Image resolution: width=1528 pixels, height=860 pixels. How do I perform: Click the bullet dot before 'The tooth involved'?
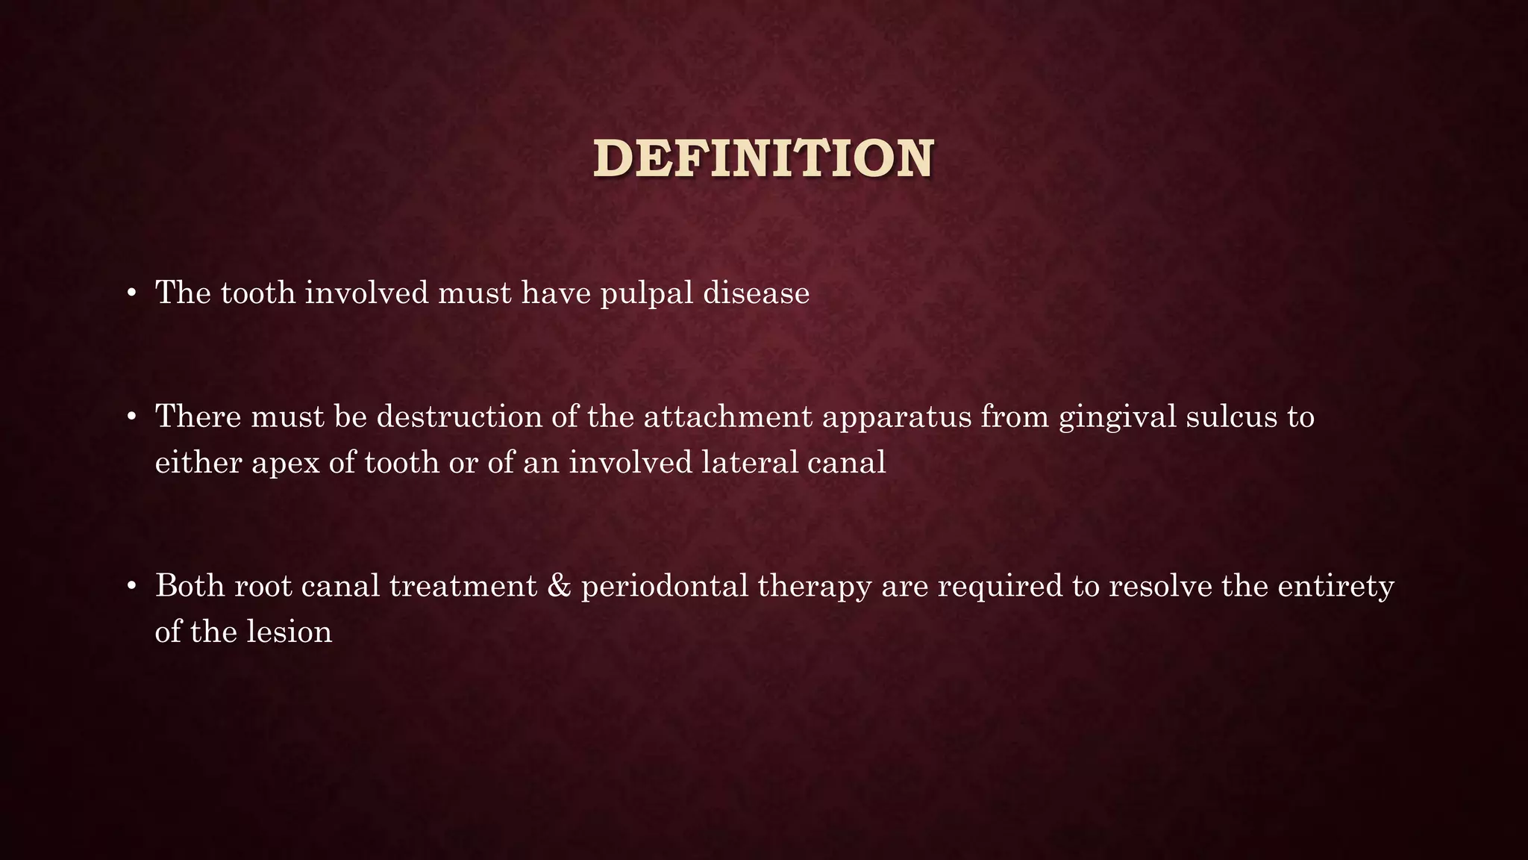[x=131, y=293]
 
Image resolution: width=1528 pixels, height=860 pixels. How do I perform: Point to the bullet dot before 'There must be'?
[x=131, y=417]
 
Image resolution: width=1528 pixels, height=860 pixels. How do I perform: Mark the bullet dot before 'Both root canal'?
[x=131, y=587]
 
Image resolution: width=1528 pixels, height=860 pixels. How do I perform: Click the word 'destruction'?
[x=459, y=417]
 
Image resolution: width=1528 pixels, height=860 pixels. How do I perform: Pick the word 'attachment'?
[x=727, y=417]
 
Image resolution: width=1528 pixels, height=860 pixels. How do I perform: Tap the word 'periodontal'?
[x=665, y=586]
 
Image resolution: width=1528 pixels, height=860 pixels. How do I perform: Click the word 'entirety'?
[x=1336, y=586]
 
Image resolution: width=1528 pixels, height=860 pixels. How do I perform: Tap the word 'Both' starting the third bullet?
[x=190, y=586]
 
